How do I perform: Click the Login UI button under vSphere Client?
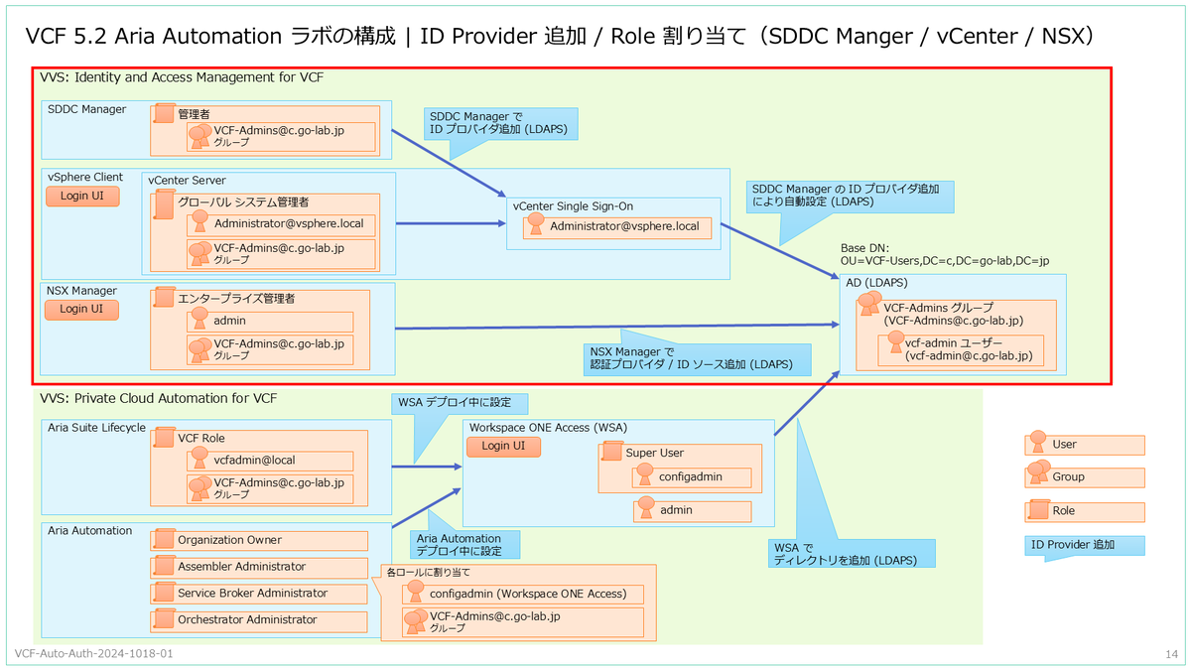coord(82,197)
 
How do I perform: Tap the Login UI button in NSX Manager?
coord(81,310)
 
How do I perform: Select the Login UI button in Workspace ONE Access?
coord(503,446)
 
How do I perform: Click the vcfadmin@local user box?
coord(270,461)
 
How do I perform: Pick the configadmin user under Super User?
coord(692,477)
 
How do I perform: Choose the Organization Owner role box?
coord(259,540)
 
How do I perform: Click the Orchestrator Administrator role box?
coord(259,620)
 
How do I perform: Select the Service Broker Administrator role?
coord(259,594)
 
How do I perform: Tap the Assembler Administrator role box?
coord(259,567)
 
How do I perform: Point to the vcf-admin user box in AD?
coord(961,349)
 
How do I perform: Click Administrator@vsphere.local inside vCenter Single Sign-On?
coord(617,227)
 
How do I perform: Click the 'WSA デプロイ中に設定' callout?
coord(460,403)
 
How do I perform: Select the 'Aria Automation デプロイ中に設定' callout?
coord(465,545)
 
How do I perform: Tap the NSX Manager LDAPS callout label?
coord(697,358)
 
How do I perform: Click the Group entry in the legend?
coord(1085,477)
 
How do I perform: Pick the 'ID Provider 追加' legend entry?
coord(1085,546)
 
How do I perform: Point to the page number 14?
coord(1171,654)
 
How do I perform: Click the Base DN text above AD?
coord(945,255)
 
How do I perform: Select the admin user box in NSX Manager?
coord(270,322)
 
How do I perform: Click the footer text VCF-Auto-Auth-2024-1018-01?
coord(93,653)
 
